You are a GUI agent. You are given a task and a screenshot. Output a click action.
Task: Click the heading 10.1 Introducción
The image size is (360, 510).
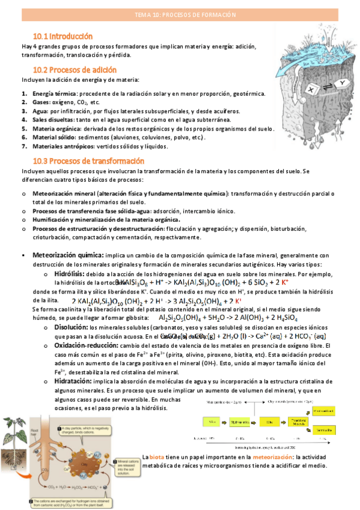pyautogui.click(x=63, y=36)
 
